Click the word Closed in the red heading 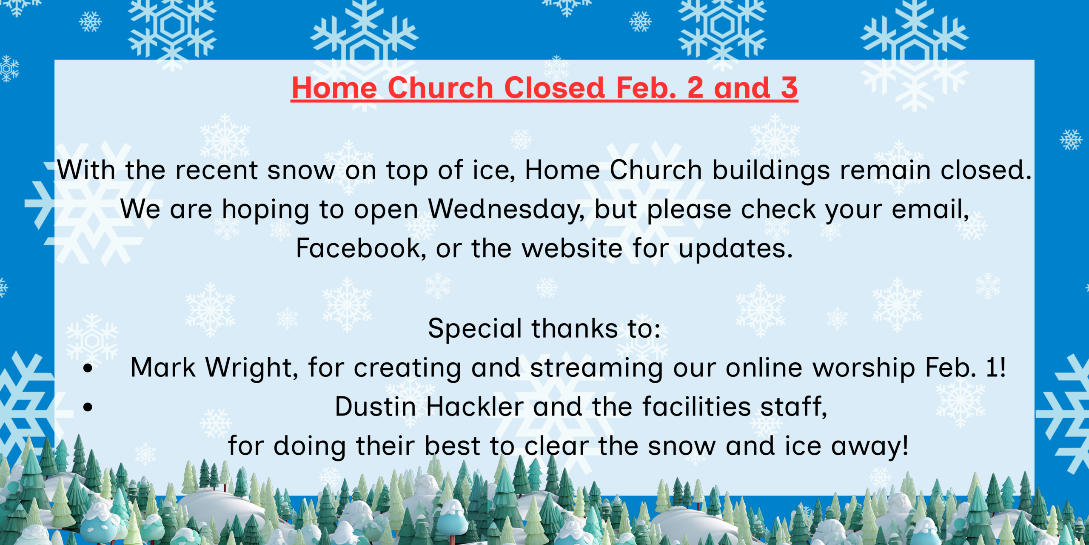[x=554, y=88]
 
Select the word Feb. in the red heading [x=646, y=88]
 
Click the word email [x=930, y=209]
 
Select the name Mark [x=163, y=367]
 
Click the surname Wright [x=252, y=368]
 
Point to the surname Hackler [x=475, y=407]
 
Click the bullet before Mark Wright [x=88, y=368]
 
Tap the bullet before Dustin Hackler [x=88, y=407]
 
